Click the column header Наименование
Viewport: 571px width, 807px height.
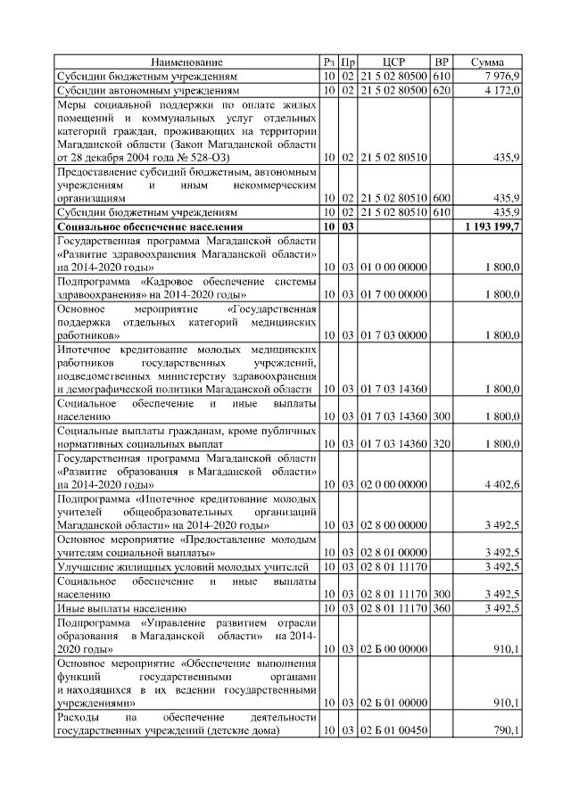[x=186, y=62]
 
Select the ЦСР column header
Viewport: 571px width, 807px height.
[x=393, y=62]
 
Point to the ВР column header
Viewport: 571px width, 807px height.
[x=441, y=62]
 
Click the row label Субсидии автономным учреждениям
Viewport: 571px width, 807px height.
[x=147, y=91]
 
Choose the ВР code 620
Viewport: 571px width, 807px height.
[x=441, y=91]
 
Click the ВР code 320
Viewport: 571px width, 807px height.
[x=441, y=444]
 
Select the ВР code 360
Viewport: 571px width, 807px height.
[x=441, y=608]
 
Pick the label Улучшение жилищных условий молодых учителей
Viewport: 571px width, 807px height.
[x=183, y=566]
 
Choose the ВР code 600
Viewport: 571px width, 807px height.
[x=441, y=197]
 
